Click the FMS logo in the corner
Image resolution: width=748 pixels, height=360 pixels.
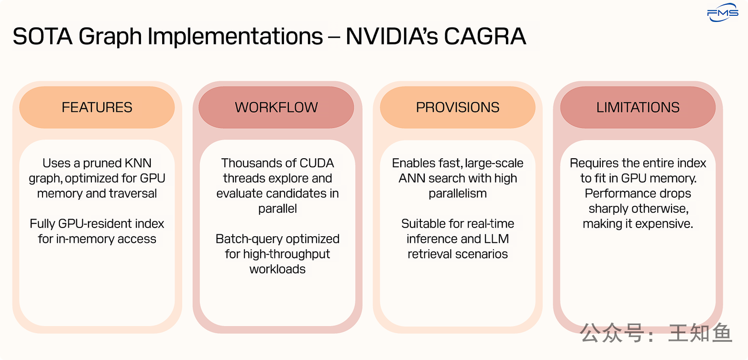pos(722,13)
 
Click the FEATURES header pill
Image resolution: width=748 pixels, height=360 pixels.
pos(97,108)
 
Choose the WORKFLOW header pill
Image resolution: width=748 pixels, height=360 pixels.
pos(276,108)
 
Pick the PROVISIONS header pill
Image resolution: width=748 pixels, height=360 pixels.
pos(458,108)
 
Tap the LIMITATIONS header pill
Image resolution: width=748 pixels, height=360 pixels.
pos(638,108)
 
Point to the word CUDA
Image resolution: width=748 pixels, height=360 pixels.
pos(318,164)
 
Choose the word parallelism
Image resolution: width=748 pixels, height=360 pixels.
pos(458,194)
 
